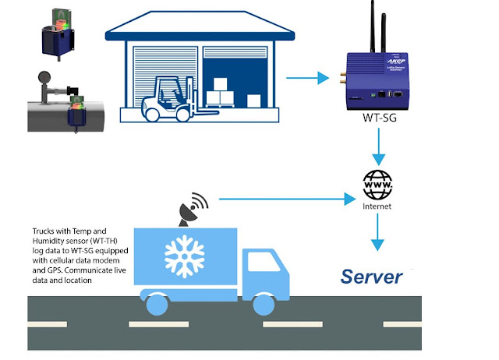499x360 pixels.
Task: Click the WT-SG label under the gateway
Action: pos(380,118)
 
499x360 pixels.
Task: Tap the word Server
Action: pos(371,277)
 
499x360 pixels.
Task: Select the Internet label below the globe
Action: pos(377,206)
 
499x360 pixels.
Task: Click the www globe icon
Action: pos(377,185)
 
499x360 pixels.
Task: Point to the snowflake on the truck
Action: pos(185,256)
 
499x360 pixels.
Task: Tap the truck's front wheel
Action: pos(264,305)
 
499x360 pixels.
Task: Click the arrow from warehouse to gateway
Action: pos(307,78)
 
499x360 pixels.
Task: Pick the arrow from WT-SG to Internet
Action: pos(379,146)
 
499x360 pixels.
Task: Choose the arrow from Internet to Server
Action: pos(377,232)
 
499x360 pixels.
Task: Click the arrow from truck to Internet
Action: pos(288,199)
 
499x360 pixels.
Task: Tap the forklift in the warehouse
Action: pos(175,100)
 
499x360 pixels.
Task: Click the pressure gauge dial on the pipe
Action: pos(44,76)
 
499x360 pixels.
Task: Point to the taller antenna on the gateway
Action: pos(373,26)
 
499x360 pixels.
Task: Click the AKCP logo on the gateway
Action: pos(396,61)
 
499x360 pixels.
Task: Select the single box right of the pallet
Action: pos(253,101)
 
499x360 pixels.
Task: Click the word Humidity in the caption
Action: pos(47,241)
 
